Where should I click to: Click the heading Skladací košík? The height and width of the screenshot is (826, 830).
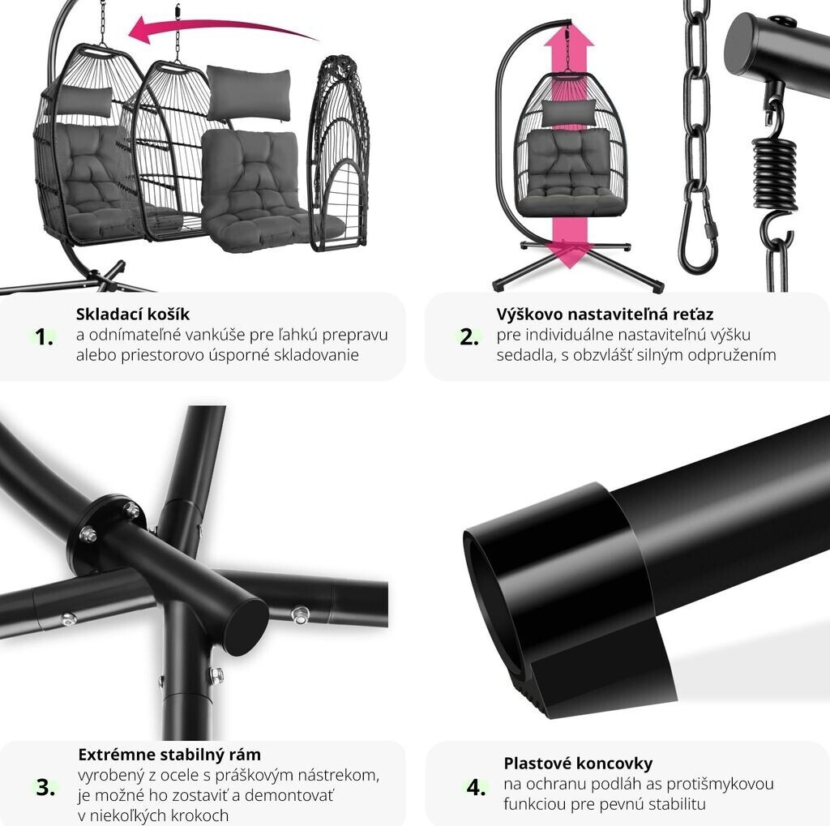pyautogui.click(x=133, y=314)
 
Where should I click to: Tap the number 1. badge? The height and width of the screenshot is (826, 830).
pyautogui.click(x=44, y=336)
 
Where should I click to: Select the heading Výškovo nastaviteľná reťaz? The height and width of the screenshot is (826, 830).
pyautogui.click(x=605, y=314)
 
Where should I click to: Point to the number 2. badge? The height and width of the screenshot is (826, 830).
pyautogui.click(x=469, y=336)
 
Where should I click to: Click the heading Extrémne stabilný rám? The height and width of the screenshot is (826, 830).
pyautogui.click(x=169, y=754)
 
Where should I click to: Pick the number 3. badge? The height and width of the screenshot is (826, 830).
pyautogui.click(x=45, y=787)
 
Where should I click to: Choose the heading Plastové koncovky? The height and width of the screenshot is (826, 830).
pyautogui.click(x=578, y=763)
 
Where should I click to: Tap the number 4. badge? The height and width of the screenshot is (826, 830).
pyautogui.click(x=476, y=787)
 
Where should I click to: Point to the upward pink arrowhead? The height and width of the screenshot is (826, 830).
pyautogui.click(x=569, y=37)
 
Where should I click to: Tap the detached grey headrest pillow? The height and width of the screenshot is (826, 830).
pyautogui.click(x=249, y=92)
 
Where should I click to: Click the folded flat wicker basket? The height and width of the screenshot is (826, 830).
pyautogui.click(x=338, y=153)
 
